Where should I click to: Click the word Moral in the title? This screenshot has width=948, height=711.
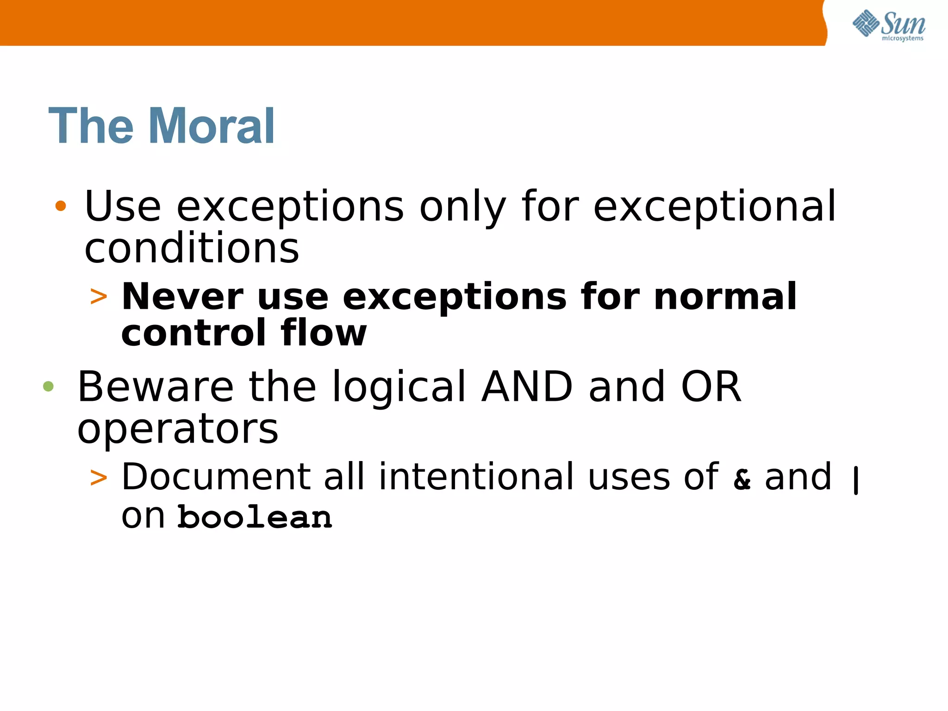click(x=212, y=126)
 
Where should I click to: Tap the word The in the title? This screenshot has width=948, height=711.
click(x=91, y=126)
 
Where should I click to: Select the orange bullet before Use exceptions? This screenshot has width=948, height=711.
click(x=61, y=206)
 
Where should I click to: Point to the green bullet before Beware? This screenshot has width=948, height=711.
click(x=48, y=386)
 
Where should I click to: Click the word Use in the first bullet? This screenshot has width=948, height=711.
click(x=123, y=206)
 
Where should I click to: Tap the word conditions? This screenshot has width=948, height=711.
click(x=192, y=248)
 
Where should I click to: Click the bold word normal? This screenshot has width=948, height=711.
click(x=725, y=297)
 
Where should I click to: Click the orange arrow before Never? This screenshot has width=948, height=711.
click(x=99, y=297)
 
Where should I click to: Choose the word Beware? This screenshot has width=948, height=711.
click(x=156, y=387)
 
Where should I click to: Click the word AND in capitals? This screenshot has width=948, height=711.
click(x=527, y=387)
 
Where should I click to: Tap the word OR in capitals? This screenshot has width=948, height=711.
click(x=711, y=387)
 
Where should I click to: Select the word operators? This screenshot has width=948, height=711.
click(x=178, y=430)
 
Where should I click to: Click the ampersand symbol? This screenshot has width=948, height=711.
click(x=742, y=479)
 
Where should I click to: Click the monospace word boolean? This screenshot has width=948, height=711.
click(x=255, y=517)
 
